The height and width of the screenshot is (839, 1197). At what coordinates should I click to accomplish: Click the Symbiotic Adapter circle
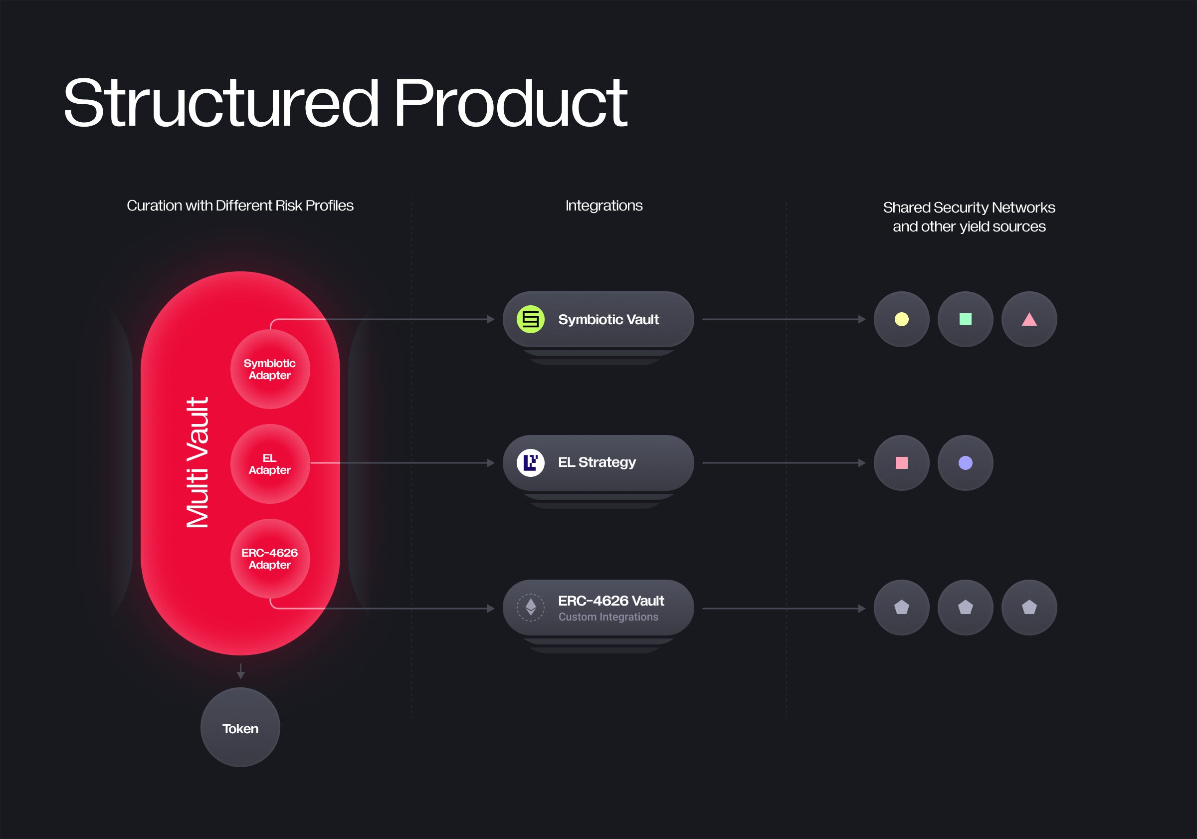pyautogui.click(x=269, y=369)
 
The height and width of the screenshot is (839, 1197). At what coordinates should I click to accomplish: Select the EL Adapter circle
pyautogui.click(x=269, y=463)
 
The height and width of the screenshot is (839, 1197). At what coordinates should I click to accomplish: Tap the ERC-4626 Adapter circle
pyautogui.click(x=269, y=559)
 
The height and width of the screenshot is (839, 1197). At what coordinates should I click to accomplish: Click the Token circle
pyautogui.click(x=240, y=727)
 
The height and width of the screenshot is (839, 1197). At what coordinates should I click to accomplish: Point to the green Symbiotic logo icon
pyautogui.click(x=530, y=319)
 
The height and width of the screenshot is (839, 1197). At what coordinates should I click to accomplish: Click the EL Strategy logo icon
pyautogui.click(x=530, y=462)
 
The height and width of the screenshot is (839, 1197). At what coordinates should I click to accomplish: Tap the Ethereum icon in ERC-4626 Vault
pyautogui.click(x=530, y=608)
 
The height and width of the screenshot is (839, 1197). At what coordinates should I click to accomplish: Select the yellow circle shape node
pyautogui.click(x=901, y=319)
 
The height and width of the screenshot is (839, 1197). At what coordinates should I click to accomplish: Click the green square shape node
pyautogui.click(x=965, y=319)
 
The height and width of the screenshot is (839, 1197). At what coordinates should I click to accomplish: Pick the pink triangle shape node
pyautogui.click(x=1029, y=319)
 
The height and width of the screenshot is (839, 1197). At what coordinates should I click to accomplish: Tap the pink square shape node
pyautogui.click(x=901, y=462)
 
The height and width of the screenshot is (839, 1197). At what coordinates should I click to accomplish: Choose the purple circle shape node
pyautogui.click(x=965, y=462)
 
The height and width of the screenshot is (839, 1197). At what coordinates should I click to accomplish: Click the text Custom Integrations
pyautogui.click(x=608, y=617)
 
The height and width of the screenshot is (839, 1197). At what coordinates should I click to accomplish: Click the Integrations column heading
pyautogui.click(x=603, y=206)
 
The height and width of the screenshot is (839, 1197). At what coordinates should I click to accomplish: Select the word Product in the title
pyautogui.click(x=510, y=103)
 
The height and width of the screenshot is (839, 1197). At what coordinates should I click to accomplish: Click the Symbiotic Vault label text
pyautogui.click(x=608, y=319)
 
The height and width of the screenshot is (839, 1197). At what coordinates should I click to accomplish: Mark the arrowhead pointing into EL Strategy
pyautogui.click(x=491, y=462)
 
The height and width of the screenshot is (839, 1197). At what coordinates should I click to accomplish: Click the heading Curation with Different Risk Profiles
pyautogui.click(x=240, y=206)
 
